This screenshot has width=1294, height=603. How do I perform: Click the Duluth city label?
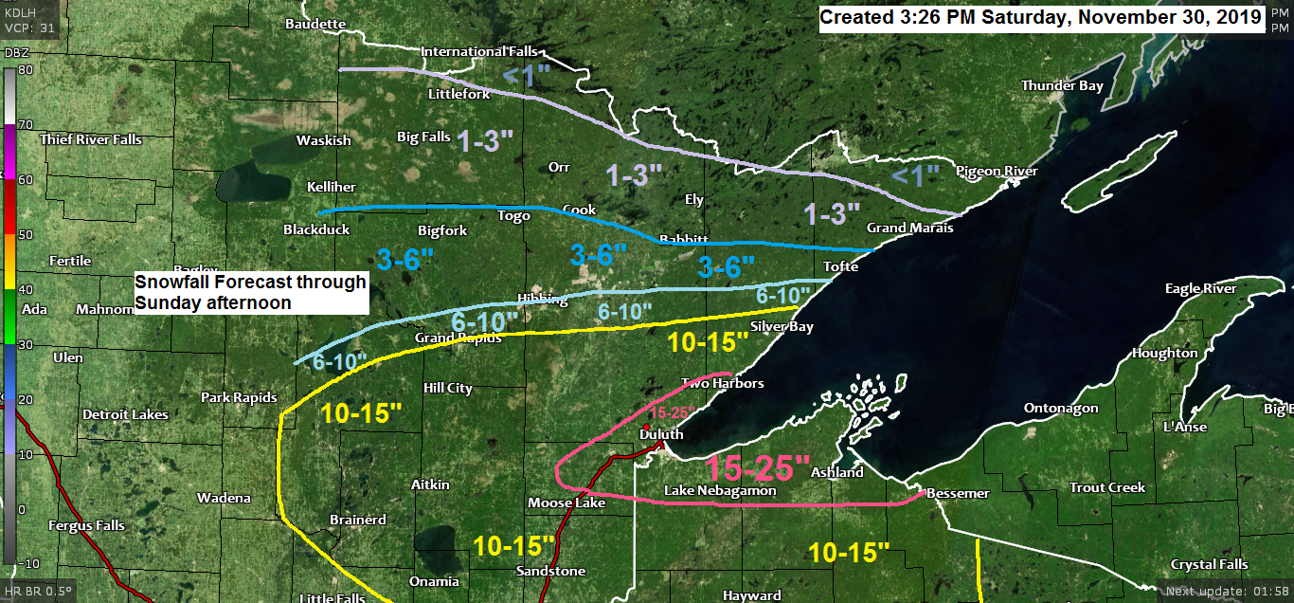[x=660, y=434]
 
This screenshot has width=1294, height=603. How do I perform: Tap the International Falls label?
[x=477, y=51]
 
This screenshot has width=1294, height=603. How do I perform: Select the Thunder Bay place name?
[x=1062, y=86]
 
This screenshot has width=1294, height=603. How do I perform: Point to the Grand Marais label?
[x=910, y=228]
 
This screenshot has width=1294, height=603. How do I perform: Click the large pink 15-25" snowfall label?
[x=759, y=467]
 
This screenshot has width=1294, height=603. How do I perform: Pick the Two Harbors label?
[x=723, y=383]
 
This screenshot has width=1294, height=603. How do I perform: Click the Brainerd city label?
[x=357, y=520]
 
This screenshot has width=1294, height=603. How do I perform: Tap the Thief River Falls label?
[x=91, y=139]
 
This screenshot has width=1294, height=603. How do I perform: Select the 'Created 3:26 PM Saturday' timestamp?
[x=1040, y=18]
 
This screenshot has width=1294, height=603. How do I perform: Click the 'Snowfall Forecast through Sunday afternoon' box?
[x=250, y=292]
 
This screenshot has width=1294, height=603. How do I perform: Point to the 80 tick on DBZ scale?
[x=25, y=69]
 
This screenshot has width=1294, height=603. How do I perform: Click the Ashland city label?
[x=837, y=472]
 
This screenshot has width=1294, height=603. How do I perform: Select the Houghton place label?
[x=1164, y=354]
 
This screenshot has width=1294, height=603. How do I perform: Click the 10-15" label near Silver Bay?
[x=702, y=343]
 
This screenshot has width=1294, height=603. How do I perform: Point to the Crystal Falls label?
[x=1209, y=565]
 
